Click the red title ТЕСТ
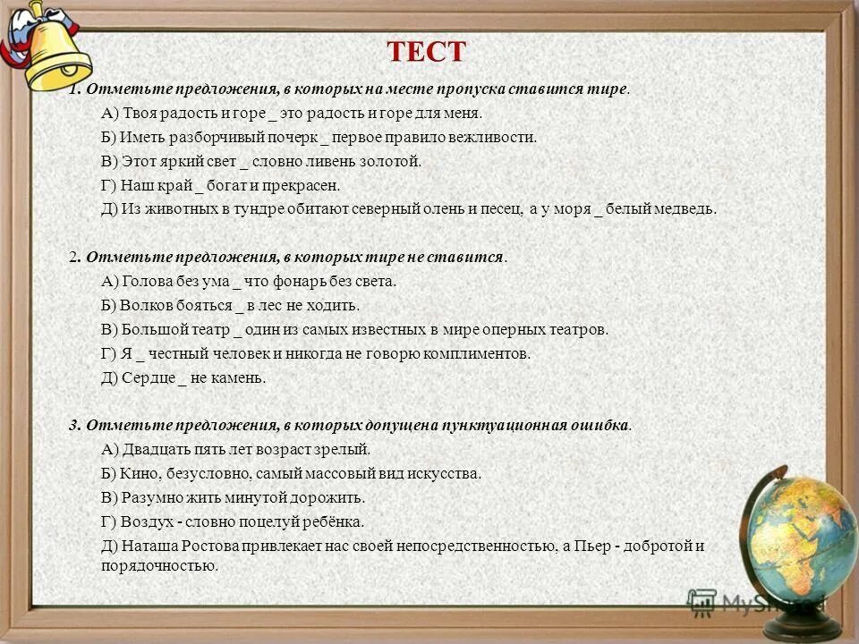tap(428, 52)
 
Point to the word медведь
tap(687, 209)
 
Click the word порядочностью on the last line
tap(160, 565)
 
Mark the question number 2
tap(73, 257)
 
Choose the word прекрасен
tap(309, 185)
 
